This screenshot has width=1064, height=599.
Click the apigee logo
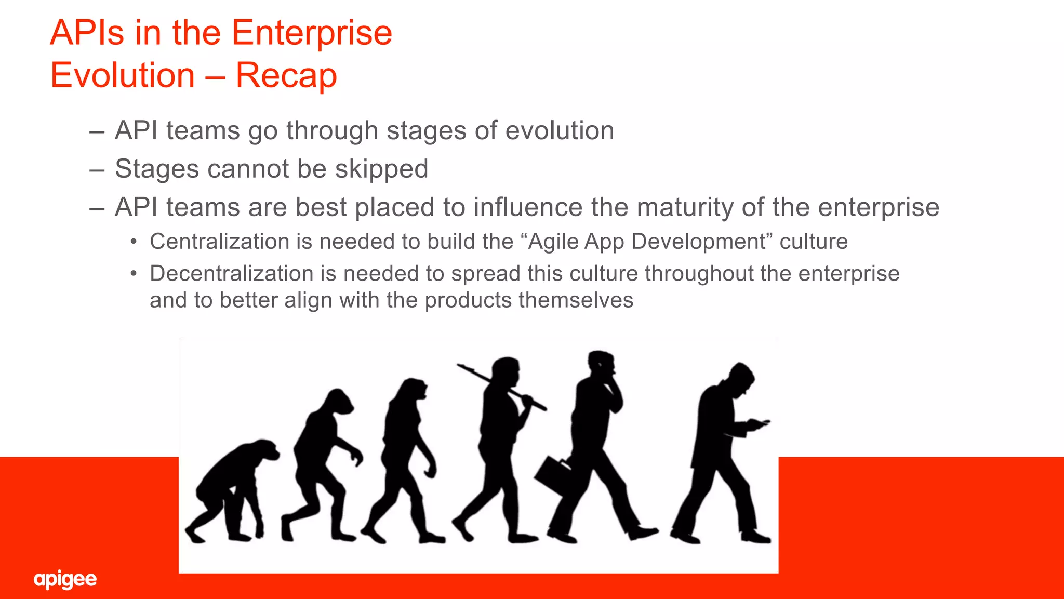(x=65, y=579)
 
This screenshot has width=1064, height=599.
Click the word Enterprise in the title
(x=311, y=33)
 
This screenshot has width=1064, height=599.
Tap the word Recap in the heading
(x=286, y=75)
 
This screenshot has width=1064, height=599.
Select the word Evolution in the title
(x=123, y=75)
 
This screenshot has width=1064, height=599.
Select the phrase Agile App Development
(x=647, y=242)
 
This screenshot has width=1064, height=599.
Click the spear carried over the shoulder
(x=501, y=387)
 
